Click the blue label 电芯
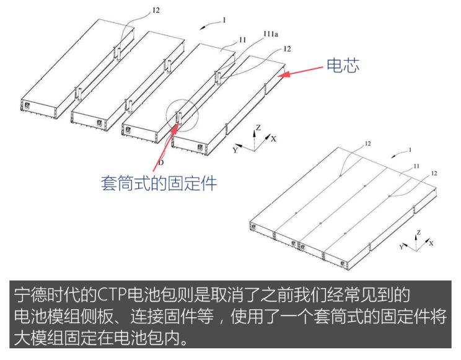click(343, 64)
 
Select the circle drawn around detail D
click(180, 113)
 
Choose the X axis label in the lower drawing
click(431, 243)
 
